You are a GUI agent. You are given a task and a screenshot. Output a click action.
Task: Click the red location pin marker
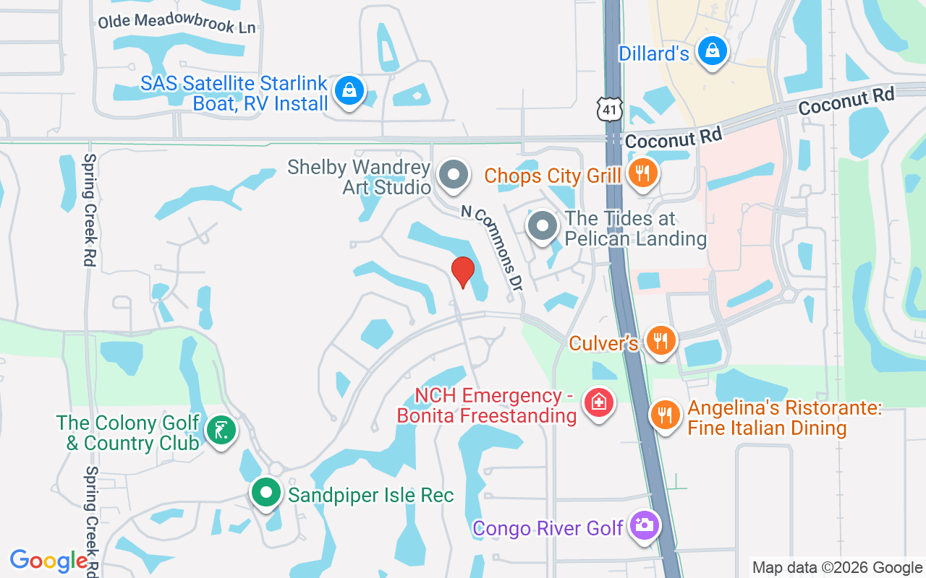[x=462, y=272]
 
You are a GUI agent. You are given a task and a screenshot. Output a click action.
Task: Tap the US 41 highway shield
[x=609, y=108]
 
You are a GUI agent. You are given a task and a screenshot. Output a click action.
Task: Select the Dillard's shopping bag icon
[x=713, y=51]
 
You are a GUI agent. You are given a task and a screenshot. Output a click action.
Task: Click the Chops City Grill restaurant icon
[x=641, y=173]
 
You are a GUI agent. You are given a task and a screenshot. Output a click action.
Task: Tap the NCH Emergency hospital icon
[x=598, y=402]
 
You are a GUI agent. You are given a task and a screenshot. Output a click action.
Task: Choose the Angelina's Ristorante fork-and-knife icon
[x=664, y=415]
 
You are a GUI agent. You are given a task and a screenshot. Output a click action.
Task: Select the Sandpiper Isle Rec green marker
[x=266, y=493]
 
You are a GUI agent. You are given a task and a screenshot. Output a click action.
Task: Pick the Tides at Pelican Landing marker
[x=543, y=226]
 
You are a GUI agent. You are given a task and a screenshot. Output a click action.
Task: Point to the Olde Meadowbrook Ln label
[x=177, y=24]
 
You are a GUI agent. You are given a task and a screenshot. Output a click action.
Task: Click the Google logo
[x=49, y=561]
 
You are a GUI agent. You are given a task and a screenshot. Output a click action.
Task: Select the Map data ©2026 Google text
[x=838, y=568]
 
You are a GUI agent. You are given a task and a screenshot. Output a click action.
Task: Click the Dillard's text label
[x=654, y=53]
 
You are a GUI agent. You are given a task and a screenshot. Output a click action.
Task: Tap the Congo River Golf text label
[x=548, y=528]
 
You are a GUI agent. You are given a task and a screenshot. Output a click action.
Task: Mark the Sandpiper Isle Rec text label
[x=371, y=495]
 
